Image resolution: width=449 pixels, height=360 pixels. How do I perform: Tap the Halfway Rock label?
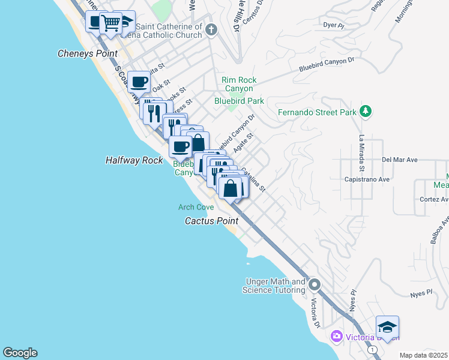(134, 161)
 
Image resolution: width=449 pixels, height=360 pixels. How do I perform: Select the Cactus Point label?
(211, 221)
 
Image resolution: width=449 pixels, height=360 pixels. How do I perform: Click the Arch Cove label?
(196, 207)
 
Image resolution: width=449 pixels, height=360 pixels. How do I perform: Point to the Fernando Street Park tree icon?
(366, 112)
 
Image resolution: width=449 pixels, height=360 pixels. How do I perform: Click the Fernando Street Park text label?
(318, 112)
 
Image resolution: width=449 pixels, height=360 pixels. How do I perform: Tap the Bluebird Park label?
(240, 101)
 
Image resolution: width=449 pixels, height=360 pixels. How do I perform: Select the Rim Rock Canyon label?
(239, 84)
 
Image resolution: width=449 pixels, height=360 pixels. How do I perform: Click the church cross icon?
(211, 29)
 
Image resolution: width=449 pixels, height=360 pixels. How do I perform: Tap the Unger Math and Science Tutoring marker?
(315, 284)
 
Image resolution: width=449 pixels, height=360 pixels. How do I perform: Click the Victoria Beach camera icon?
(337, 336)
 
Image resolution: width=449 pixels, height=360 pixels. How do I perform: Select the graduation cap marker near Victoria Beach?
(387, 328)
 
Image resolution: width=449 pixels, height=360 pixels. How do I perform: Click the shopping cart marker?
(110, 23)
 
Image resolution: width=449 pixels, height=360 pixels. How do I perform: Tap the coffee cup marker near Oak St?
(139, 82)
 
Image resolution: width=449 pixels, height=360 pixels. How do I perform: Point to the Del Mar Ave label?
(399, 160)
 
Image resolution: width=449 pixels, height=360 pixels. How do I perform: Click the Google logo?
(20, 353)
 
